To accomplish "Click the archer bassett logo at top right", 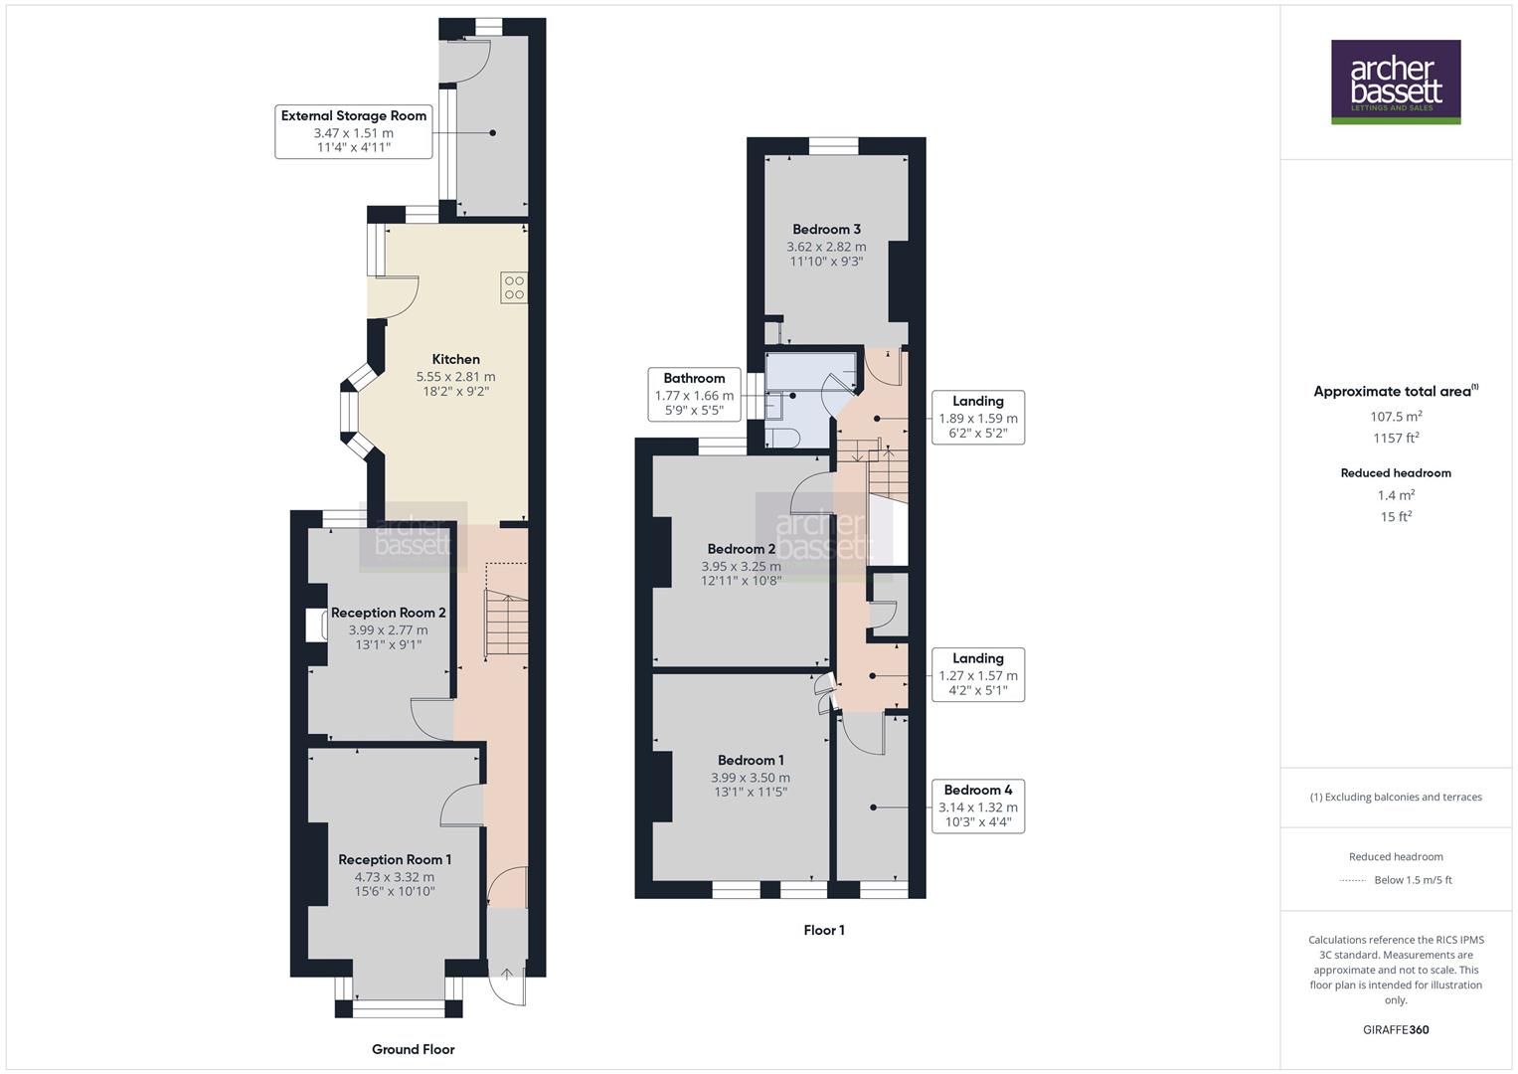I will coord(1395,82).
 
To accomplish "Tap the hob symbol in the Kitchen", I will coord(514,287).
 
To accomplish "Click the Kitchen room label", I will coord(455,359).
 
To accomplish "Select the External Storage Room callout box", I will coord(353,131).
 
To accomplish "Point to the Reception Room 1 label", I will coord(395,859).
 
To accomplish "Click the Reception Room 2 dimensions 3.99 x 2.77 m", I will coord(388,629).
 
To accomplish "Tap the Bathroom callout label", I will coord(694,394).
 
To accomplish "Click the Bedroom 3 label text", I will coord(826,229).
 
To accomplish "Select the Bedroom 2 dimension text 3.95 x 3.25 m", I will coord(741,566).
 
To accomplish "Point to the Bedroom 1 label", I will coord(751,760).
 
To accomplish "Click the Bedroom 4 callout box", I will coord(977,805).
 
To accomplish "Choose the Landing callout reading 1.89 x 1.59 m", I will coord(977,418).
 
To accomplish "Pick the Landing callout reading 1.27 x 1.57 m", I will coord(977,674).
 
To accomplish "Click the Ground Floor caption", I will coord(413,1049).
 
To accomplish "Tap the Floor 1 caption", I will coord(824,930).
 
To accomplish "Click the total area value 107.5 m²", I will coord(1396,417).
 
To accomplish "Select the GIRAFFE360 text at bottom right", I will coord(1396,1029).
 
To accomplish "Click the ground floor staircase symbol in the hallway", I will coord(505,623).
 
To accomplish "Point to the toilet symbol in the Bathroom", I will coord(782,437).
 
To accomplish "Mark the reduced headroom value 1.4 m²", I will coord(1396,494).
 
